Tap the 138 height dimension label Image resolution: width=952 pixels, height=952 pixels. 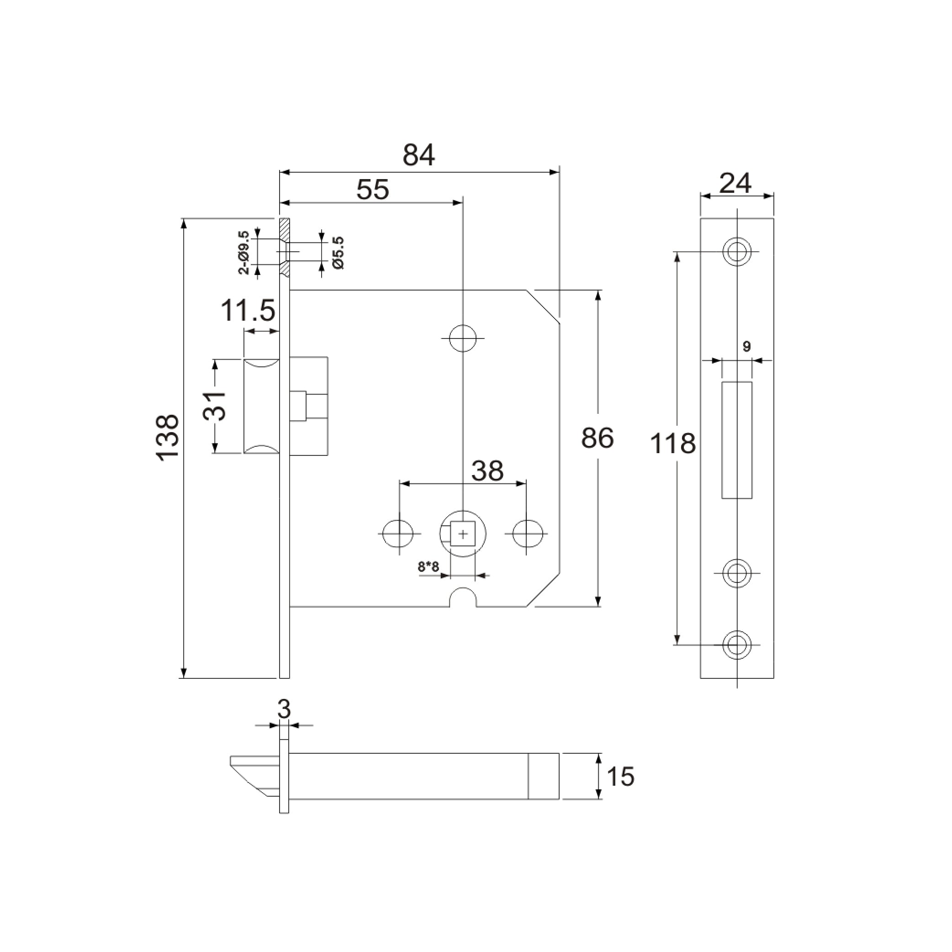point(168,437)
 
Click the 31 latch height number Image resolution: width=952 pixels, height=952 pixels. point(215,406)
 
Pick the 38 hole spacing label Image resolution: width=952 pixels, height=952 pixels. point(487,471)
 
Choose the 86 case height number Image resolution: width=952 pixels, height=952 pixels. point(597,438)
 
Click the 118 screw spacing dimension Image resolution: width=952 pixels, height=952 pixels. point(672,443)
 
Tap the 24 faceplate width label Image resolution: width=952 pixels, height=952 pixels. point(735,183)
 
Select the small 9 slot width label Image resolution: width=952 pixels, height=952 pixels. point(746,346)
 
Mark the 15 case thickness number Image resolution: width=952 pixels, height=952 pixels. point(620,777)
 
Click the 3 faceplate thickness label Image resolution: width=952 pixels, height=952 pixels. point(284,709)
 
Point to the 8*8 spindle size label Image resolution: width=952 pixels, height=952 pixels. point(428,566)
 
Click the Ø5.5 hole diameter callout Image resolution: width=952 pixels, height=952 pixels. point(338,252)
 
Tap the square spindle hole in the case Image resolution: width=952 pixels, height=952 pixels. point(463,534)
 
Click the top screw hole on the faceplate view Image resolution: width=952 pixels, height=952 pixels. point(737,252)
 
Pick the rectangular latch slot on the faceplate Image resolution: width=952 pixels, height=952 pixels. point(737,440)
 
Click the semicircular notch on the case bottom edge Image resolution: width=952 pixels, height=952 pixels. point(463,598)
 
